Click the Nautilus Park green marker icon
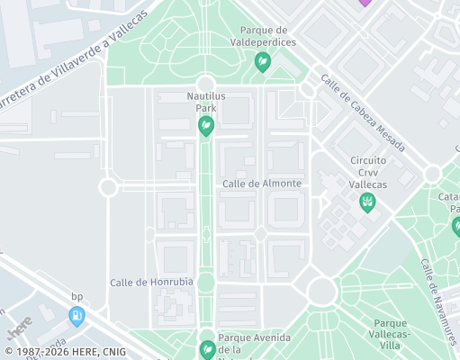pos(205,126)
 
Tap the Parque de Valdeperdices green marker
pos(263,62)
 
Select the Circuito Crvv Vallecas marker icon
pos(367,203)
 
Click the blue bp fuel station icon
pos(77,315)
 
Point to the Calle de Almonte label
pos(261,184)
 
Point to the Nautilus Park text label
pos(205,102)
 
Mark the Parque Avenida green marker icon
pos(207,347)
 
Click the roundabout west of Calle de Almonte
pos(109,187)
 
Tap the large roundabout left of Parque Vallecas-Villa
pos(320,291)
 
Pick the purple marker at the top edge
pos(364,3)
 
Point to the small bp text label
pos(77,296)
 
